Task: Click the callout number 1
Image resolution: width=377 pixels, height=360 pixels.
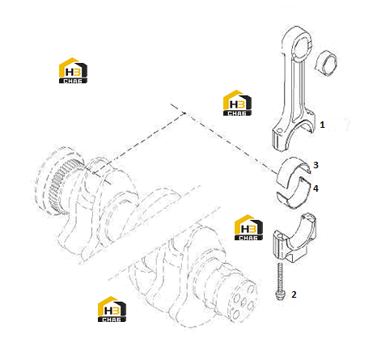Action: pos(322,125)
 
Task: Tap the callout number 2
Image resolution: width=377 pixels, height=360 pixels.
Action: pos(294,294)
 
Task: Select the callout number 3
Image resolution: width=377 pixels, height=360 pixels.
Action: pos(316,165)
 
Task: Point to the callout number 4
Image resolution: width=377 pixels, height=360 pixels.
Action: pos(316,188)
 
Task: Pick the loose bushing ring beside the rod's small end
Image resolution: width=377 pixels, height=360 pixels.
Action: pos(327,63)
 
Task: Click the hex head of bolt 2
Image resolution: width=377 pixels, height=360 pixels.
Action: pos(279,295)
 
